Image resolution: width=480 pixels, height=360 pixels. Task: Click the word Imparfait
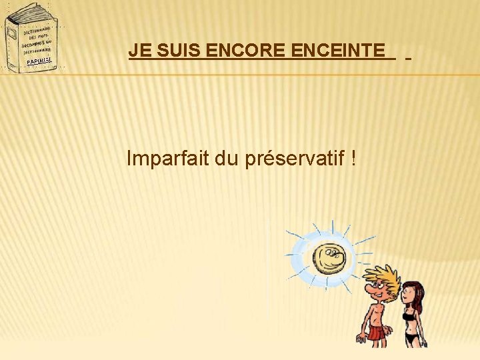tap(167, 159)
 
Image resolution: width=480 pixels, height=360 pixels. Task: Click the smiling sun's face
tap(329, 259)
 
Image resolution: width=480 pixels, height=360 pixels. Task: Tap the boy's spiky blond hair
tap(383, 276)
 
